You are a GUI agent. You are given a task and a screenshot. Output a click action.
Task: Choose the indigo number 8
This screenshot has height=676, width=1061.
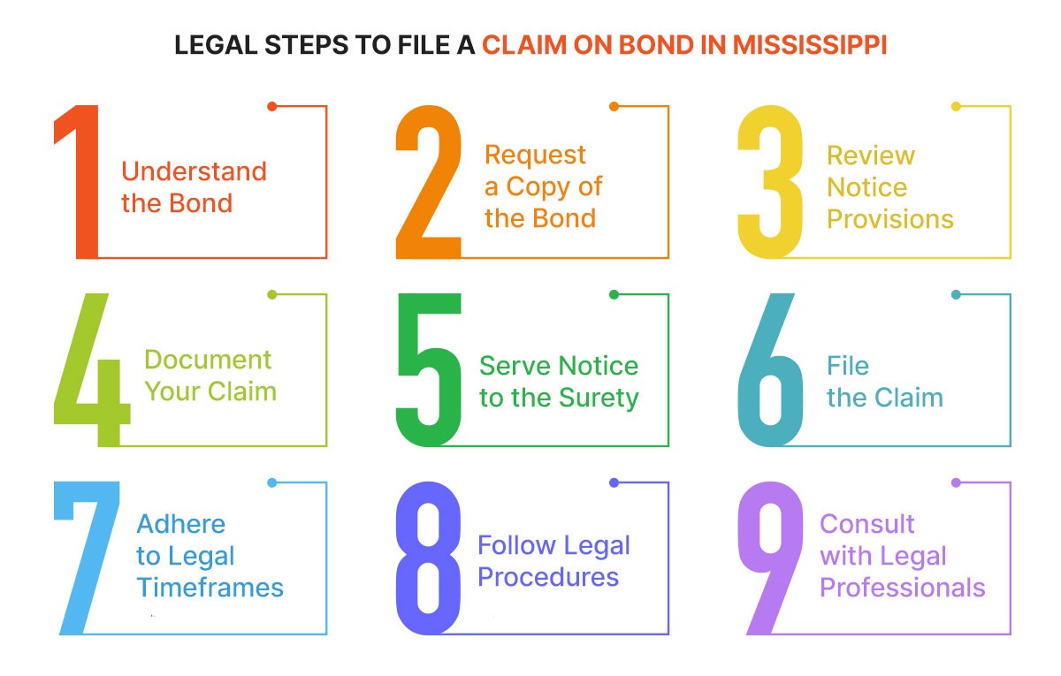coord(429,557)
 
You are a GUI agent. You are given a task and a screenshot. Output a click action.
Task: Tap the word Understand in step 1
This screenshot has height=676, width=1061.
coord(194,171)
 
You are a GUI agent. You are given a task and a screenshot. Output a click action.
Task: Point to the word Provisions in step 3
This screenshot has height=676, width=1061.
coord(889,219)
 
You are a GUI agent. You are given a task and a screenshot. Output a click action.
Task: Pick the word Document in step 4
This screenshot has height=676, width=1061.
coord(208,360)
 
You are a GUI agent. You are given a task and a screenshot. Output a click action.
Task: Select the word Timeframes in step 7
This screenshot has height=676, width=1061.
coord(210,589)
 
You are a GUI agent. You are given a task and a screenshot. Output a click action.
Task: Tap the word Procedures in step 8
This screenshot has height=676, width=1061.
coord(548,577)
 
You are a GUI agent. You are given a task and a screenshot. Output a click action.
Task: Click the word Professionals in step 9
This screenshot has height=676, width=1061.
coord(902,588)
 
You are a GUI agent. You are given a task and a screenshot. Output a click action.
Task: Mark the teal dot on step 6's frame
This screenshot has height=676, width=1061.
coord(956,294)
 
